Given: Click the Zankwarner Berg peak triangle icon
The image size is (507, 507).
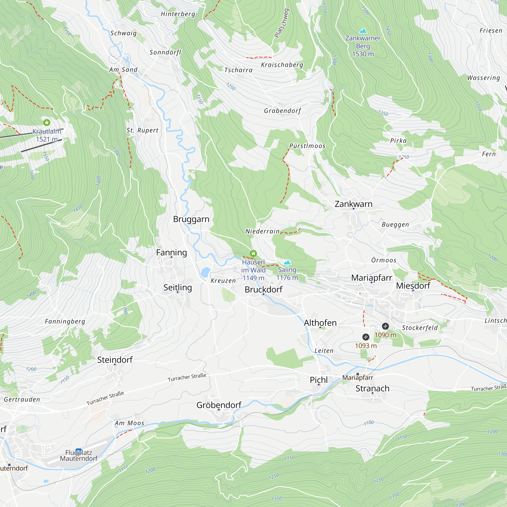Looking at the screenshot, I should pos(363,31).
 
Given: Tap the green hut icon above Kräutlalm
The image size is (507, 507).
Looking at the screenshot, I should pos(47,122).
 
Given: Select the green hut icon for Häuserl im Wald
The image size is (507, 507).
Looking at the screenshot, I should pos(253,253).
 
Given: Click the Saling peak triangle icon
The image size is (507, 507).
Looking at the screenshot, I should pos(287,262).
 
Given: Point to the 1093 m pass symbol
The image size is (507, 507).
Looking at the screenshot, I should pos(366,337).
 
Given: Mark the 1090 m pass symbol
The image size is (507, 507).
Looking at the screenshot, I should pos(385,326).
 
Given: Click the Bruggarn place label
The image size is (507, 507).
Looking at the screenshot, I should pos(191,219).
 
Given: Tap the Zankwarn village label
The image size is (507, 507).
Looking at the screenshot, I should pos(353,204).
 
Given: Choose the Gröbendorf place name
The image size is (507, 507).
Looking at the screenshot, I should pos(219,405).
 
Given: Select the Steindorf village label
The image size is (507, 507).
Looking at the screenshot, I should pos(115,360).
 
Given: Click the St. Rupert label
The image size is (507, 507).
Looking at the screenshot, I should pos(142,130).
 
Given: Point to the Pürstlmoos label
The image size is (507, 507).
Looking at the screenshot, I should pos(307,146).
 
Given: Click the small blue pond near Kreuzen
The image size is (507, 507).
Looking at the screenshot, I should pos(206,272).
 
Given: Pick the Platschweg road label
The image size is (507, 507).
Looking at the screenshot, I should pos(282,23).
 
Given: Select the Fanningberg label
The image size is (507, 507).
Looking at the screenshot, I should pos(65,321).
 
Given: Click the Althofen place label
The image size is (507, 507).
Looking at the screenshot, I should pos(320,323).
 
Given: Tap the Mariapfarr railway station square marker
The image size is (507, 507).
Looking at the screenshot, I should pos(358,374).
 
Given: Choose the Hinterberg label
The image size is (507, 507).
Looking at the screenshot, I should pos(178,14).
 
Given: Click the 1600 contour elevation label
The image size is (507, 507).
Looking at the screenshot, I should pos(32,175).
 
